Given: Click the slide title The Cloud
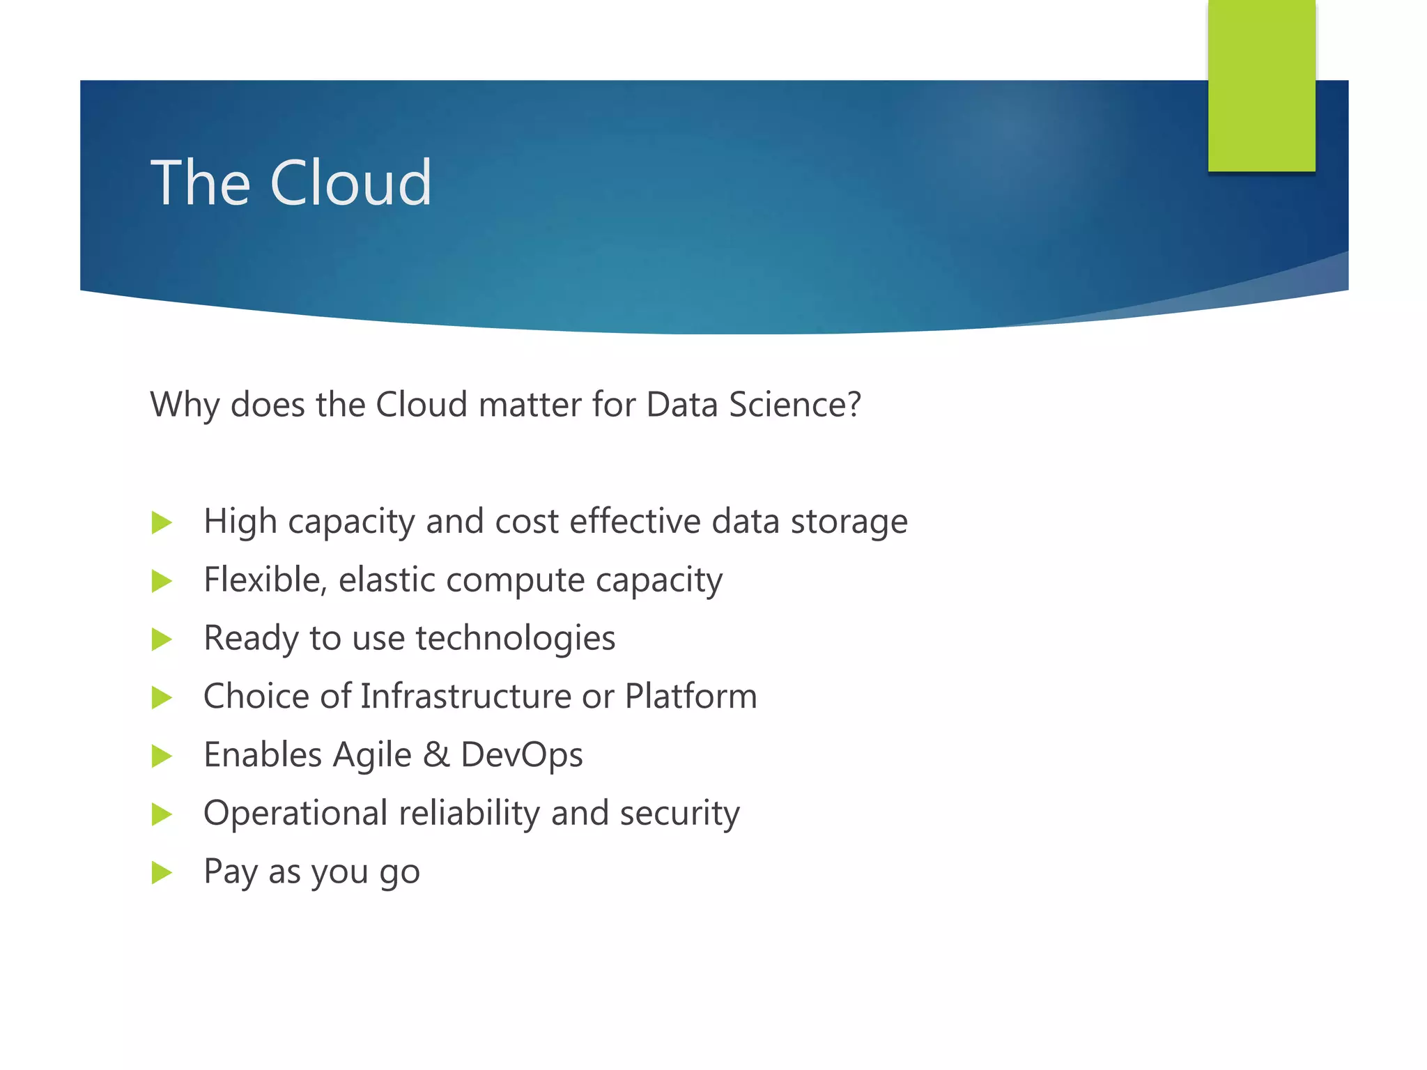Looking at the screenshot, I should pyautogui.click(x=291, y=183).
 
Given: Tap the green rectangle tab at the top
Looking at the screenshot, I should pyautogui.click(x=1261, y=85).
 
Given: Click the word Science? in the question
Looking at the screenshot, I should pyautogui.click(x=795, y=405).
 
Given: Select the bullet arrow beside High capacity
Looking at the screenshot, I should pyautogui.click(x=162, y=522).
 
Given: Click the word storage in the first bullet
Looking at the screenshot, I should pyautogui.click(x=849, y=522).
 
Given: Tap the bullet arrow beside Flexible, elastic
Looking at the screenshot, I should pyautogui.click(x=162, y=581).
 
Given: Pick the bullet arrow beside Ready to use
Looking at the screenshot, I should pyautogui.click(x=162, y=639).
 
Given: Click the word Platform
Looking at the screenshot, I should pyautogui.click(x=691, y=697).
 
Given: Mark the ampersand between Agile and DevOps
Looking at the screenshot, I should pyautogui.click(x=436, y=755).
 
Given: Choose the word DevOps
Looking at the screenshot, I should pyautogui.click(x=521, y=755).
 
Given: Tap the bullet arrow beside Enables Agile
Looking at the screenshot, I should pyautogui.click(x=162, y=756).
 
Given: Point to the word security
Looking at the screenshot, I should pyautogui.click(x=679, y=814).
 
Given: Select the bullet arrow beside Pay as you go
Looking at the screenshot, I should pyautogui.click(x=162, y=872).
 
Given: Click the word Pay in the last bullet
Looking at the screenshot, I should pyautogui.click(x=230, y=872).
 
